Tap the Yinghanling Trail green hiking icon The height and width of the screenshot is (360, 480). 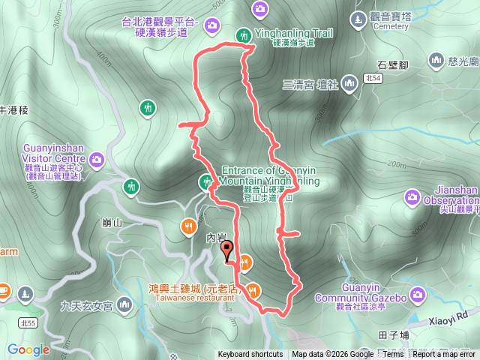pos(244,34)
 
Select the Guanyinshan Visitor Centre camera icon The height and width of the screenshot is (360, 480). pos(96,159)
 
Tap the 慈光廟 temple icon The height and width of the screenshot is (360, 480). pos(437,59)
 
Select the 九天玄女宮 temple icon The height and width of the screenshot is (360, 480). pos(123,304)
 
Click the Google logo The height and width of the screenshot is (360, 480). pos(28,349)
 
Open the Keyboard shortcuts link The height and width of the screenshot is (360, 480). pos(250,355)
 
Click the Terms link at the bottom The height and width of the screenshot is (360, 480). pos(392,355)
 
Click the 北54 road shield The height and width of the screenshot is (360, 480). pos(370,77)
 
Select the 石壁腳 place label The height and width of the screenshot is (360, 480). pos(393,65)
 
